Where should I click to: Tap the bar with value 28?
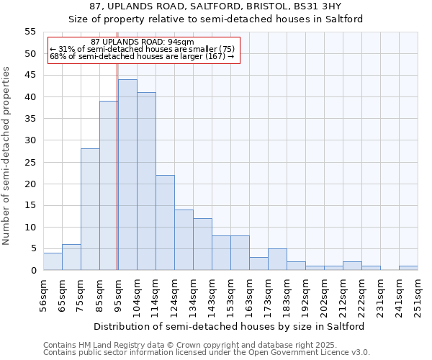tap(90, 210)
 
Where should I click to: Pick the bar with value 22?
tap(165, 222)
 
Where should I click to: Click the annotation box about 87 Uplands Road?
tap(142, 50)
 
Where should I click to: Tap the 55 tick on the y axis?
tap(30, 32)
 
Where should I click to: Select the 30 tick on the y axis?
tap(30, 140)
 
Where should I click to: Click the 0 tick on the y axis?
tap(33, 271)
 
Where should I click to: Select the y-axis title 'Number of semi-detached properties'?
tap(7, 156)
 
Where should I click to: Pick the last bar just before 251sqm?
tap(408, 268)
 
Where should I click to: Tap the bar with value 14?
tap(184, 240)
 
